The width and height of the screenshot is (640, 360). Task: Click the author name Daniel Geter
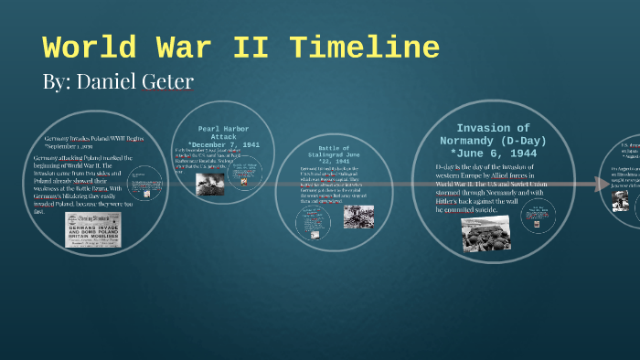(x=118, y=82)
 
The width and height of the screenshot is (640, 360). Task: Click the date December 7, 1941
(x=223, y=145)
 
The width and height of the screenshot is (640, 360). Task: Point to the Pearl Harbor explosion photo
(x=209, y=184)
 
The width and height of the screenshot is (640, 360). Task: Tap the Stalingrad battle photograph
(x=357, y=217)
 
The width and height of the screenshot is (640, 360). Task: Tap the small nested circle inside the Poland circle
(x=144, y=190)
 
